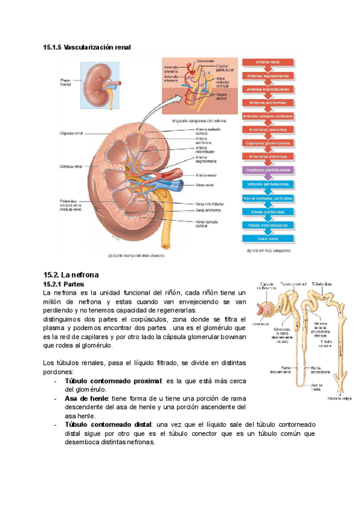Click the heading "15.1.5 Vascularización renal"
click(x=86, y=47)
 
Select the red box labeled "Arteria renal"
click(x=268, y=62)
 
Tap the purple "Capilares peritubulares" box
click(x=268, y=170)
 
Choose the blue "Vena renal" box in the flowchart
click(x=268, y=238)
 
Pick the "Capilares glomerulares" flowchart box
click(x=268, y=143)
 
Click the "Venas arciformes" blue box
click(x=268, y=211)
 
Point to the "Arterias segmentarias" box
click(x=268, y=76)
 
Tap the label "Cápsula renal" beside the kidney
click(x=71, y=133)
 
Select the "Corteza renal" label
click(x=71, y=166)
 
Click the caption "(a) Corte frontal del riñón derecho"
click(x=136, y=255)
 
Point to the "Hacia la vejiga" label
click(x=340, y=397)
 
